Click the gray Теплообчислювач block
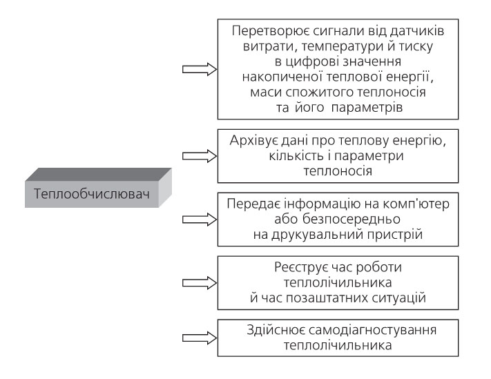(x=98, y=188)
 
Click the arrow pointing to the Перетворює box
(x=200, y=69)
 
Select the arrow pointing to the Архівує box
(x=200, y=156)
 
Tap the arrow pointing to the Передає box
(x=200, y=220)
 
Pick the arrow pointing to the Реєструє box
(x=200, y=283)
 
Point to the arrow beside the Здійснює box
(x=200, y=338)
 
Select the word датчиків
(x=417, y=30)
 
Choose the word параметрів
(x=367, y=108)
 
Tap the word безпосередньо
(x=352, y=219)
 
